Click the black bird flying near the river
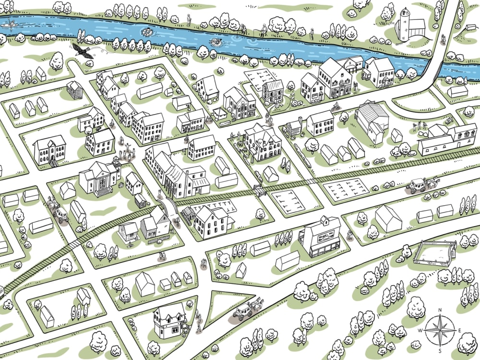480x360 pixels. click(84, 52)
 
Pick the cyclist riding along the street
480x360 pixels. click(336, 106)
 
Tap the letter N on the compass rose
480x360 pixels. click(440, 310)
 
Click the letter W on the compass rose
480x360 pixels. click(420, 330)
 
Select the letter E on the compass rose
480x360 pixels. click(459, 330)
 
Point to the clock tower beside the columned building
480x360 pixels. click(116, 166)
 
